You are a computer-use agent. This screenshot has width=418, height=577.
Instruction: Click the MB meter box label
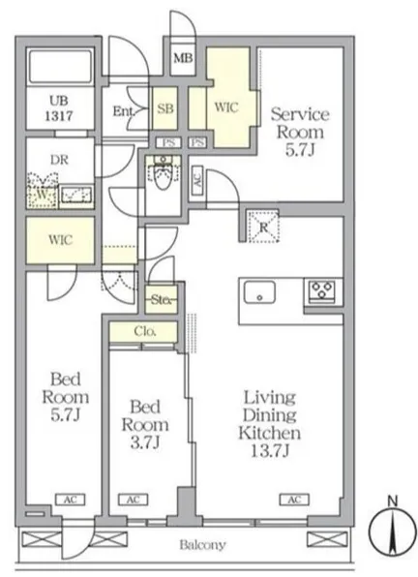coord(183,58)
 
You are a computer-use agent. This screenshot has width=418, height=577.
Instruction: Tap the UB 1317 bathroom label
coord(59,108)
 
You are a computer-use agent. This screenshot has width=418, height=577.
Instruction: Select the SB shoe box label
coord(165,108)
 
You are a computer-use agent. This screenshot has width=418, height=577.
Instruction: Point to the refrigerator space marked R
coord(263,228)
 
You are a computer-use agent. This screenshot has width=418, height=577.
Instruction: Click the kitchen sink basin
coord(259,292)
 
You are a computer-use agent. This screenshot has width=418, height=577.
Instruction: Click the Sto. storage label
coord(161,300)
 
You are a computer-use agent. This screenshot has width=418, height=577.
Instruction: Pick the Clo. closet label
coord(145,331)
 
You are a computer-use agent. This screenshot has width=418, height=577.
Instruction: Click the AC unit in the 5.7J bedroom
coord(71,500)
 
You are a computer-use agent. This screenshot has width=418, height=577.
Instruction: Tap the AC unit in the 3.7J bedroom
coord(134,500)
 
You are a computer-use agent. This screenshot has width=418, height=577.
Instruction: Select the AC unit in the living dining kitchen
coord(294,500)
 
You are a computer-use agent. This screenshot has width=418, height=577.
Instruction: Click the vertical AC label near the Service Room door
coord(197,180)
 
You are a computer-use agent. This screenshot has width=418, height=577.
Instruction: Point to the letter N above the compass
coord(393,501)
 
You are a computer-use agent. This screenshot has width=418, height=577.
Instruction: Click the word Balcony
coord(202,545)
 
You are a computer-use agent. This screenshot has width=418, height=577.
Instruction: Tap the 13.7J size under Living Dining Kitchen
coord(271,450)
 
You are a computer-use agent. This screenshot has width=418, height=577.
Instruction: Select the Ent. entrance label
coord(123,111)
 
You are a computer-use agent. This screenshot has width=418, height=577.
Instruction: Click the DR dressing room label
coord(60,160)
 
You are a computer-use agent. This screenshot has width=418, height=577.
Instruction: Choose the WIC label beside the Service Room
coord(226,107)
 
